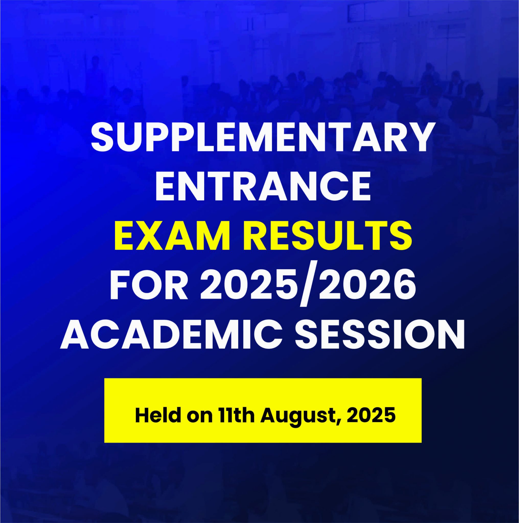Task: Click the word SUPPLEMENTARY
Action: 261,138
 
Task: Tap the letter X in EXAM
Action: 147,236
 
